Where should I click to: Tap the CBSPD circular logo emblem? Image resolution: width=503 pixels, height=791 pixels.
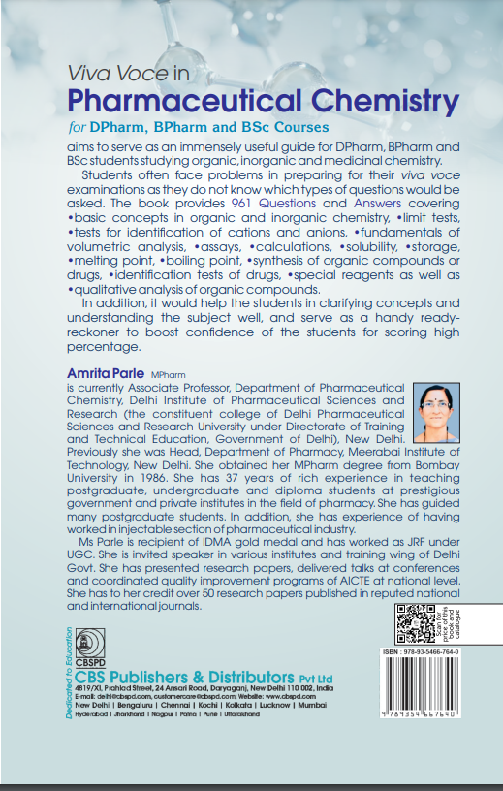point(93,640)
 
